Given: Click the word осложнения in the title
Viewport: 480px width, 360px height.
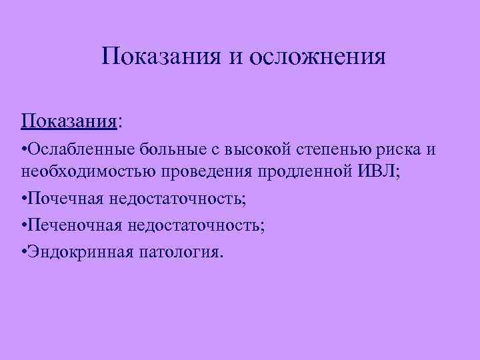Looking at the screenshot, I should coord(317,57).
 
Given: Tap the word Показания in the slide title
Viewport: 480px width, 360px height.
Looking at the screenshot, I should coord(163,57).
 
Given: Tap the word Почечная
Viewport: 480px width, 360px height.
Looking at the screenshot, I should coord(64,199).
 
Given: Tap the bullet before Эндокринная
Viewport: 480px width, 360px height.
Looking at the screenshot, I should coord(23,252).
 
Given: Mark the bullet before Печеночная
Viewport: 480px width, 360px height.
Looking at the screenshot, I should coord(23,225).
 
